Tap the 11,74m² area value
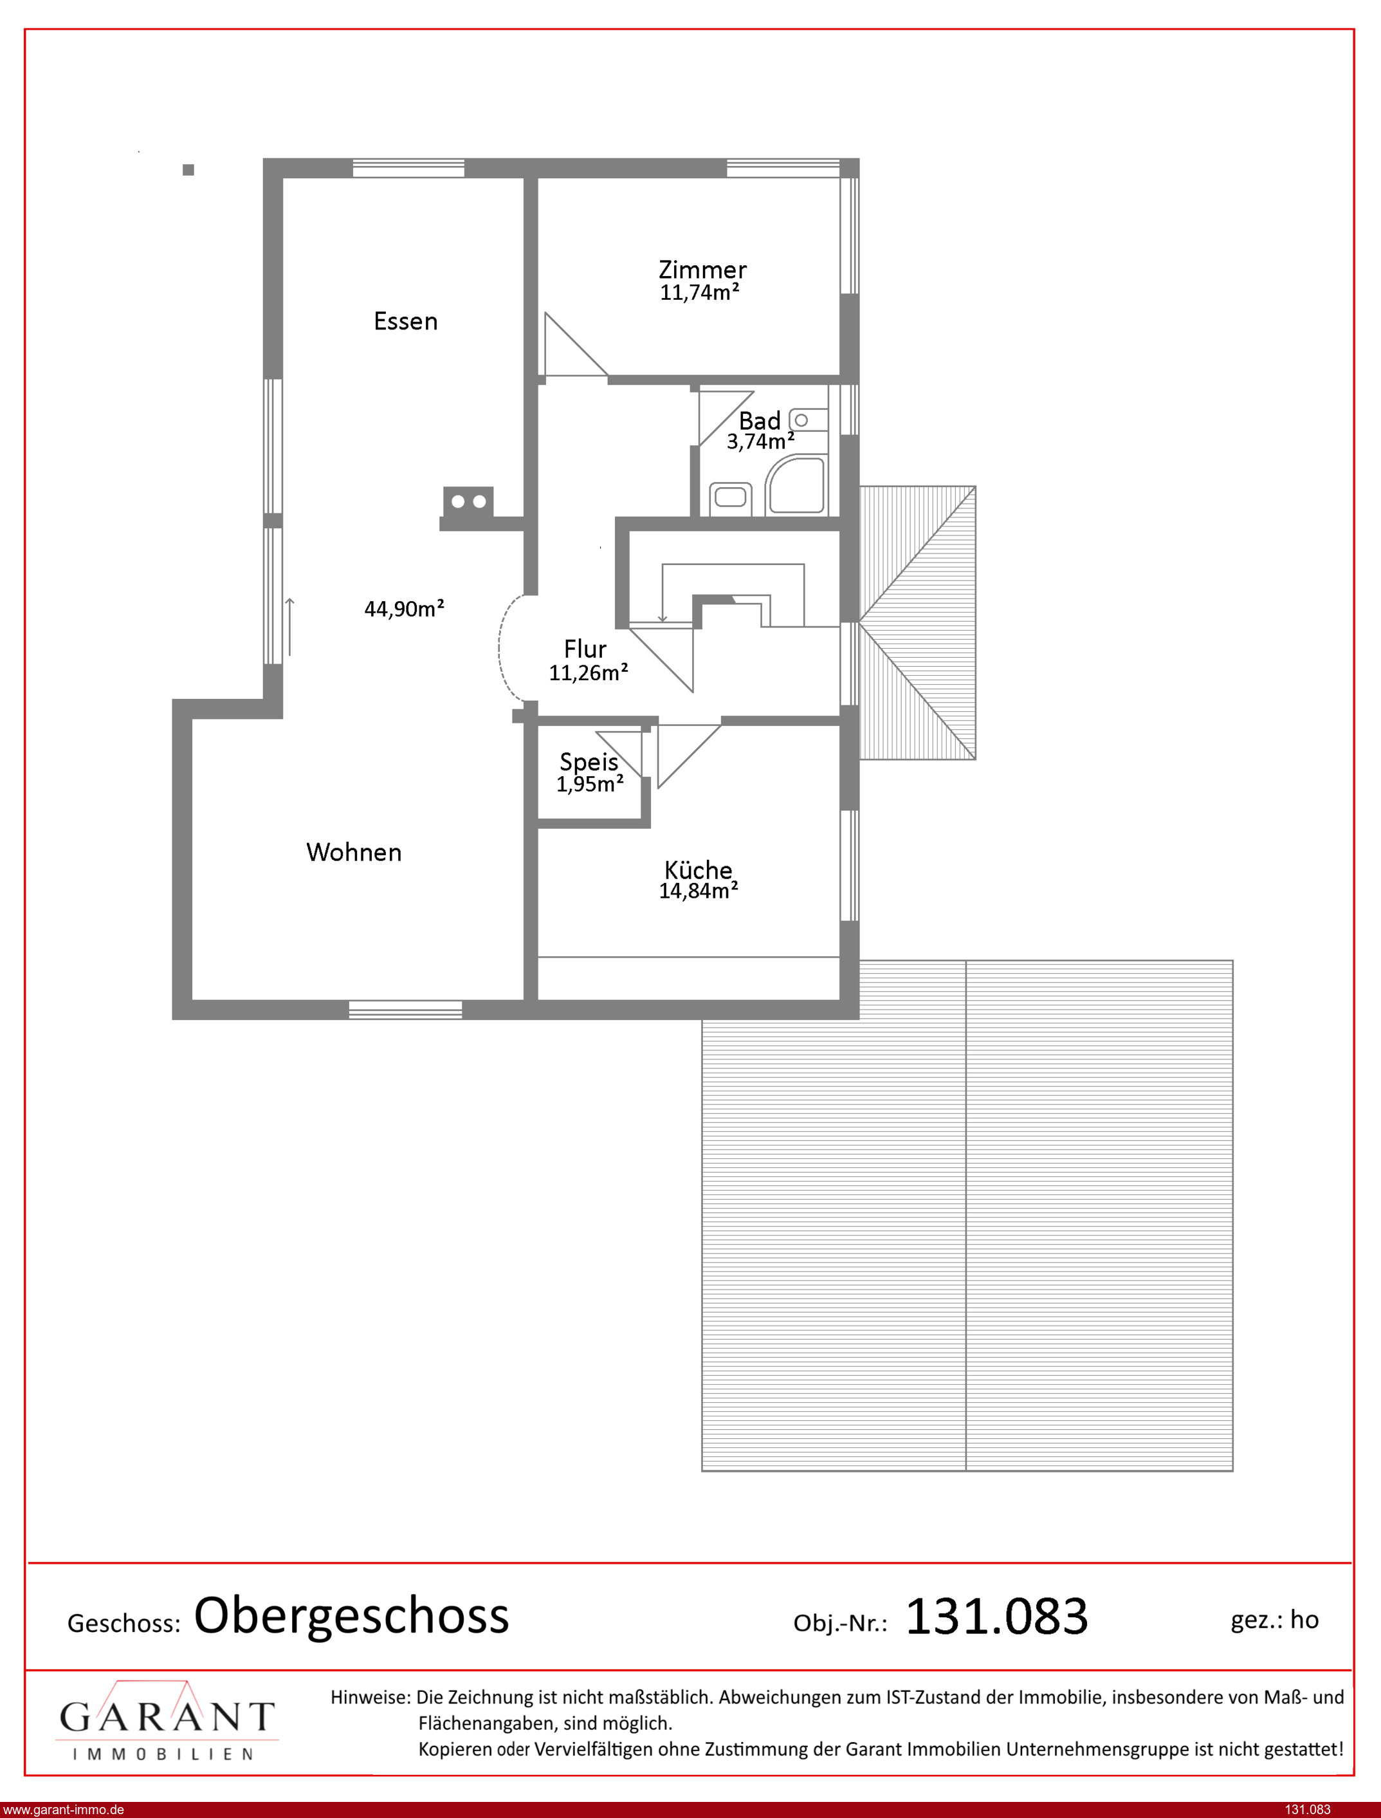pyautogui.click(x=700, y=293)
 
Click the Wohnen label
pyautogui.click(x=354, y=852)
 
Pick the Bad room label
pyautogui.click(x=759, y=421)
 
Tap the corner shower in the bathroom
pyautogui.click(x=795, y=486)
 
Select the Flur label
pyautogui.click(x=585, y=649)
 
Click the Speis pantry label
pyautogui.click(x=589, y=762)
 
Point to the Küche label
pyautogui.click(x=698, y=869)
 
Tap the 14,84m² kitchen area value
pyautogui.click(x=698, y=891)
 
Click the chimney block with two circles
pyautogui.click(x=468, y=501)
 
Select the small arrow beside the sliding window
pyautogui.click(x=290, y=627)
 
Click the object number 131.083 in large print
pyautogui.click(x=996, y=1616)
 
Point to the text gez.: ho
pyautogui.click(x=1274, y=1620)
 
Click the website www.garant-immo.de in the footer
pyautogui.click(x=62, y=1810)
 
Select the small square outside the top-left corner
pyautogui.click(x=188, y=170)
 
